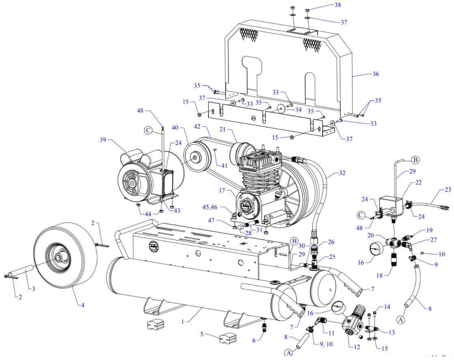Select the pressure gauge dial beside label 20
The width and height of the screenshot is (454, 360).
tap(377, 248)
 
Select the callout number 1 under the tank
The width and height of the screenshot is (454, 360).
tap(183, 321)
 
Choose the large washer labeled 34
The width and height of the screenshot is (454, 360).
tap(280, 109)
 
